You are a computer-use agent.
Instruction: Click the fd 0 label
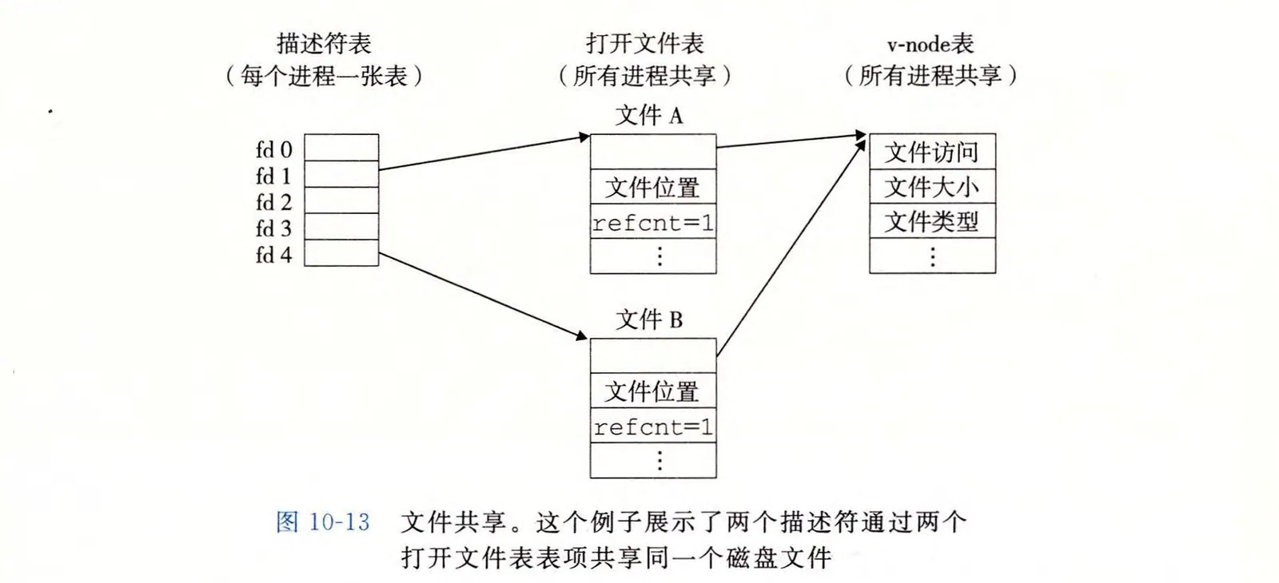(274, 149)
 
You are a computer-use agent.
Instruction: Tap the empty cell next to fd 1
(341, 174)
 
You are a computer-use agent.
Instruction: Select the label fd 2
(274, 202)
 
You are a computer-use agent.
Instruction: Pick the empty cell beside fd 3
(341, 227)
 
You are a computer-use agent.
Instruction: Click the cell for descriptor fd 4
(341, 253)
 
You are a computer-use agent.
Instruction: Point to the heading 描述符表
(324, 43)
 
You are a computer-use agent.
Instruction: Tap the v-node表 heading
(930, 43)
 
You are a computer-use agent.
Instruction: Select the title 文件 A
(649, 116)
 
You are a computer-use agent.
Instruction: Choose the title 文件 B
(649, 320)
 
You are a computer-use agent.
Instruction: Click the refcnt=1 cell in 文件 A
(653, 223)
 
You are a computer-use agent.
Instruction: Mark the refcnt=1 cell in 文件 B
(653, 427)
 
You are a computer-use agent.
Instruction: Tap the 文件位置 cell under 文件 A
(653, 188)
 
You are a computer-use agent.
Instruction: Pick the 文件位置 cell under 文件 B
(653, 391)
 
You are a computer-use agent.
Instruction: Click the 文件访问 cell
(932, 152)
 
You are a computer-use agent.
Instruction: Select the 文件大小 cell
(932, 187)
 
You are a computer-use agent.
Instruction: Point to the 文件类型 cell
(932, 221)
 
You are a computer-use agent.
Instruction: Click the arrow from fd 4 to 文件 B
(483, 296)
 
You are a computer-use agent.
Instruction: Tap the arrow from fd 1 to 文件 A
(483, 153)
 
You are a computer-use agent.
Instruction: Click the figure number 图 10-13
(323, 522)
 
